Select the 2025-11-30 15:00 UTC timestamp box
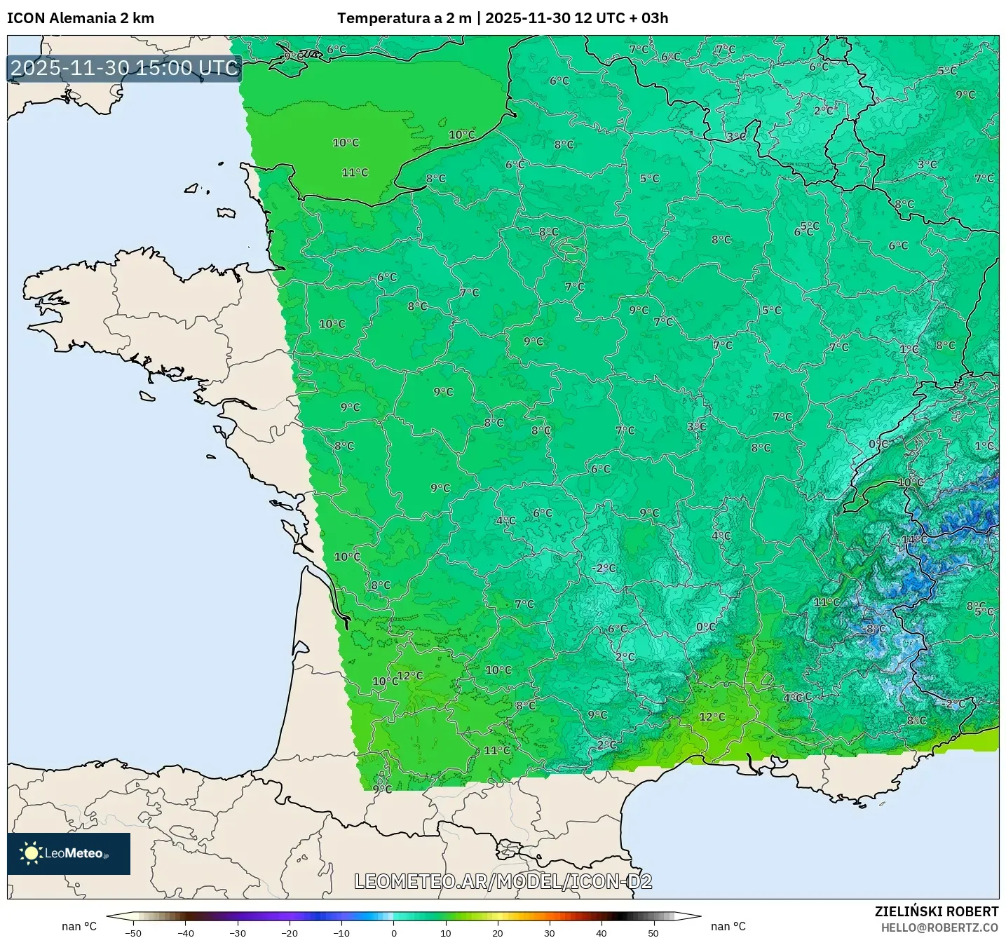pos(125,68)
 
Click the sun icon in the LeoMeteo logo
pos(31,853)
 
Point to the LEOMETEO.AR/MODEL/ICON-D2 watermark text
pos(503,881)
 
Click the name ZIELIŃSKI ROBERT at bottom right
pos(936,911)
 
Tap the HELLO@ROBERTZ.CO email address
pos(939,927)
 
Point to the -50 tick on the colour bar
pos(133,933)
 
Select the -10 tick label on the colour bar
pos(341,933)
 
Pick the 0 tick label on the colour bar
pos(394,933)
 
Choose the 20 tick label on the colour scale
pos(498,933)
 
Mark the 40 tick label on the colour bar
pos(601,933)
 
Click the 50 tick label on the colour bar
pos(653,933)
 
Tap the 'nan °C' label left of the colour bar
pos(79,926)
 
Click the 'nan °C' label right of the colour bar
pos(728,926)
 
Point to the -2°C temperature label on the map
pos(604,568)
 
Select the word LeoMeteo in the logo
pos(74,853)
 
